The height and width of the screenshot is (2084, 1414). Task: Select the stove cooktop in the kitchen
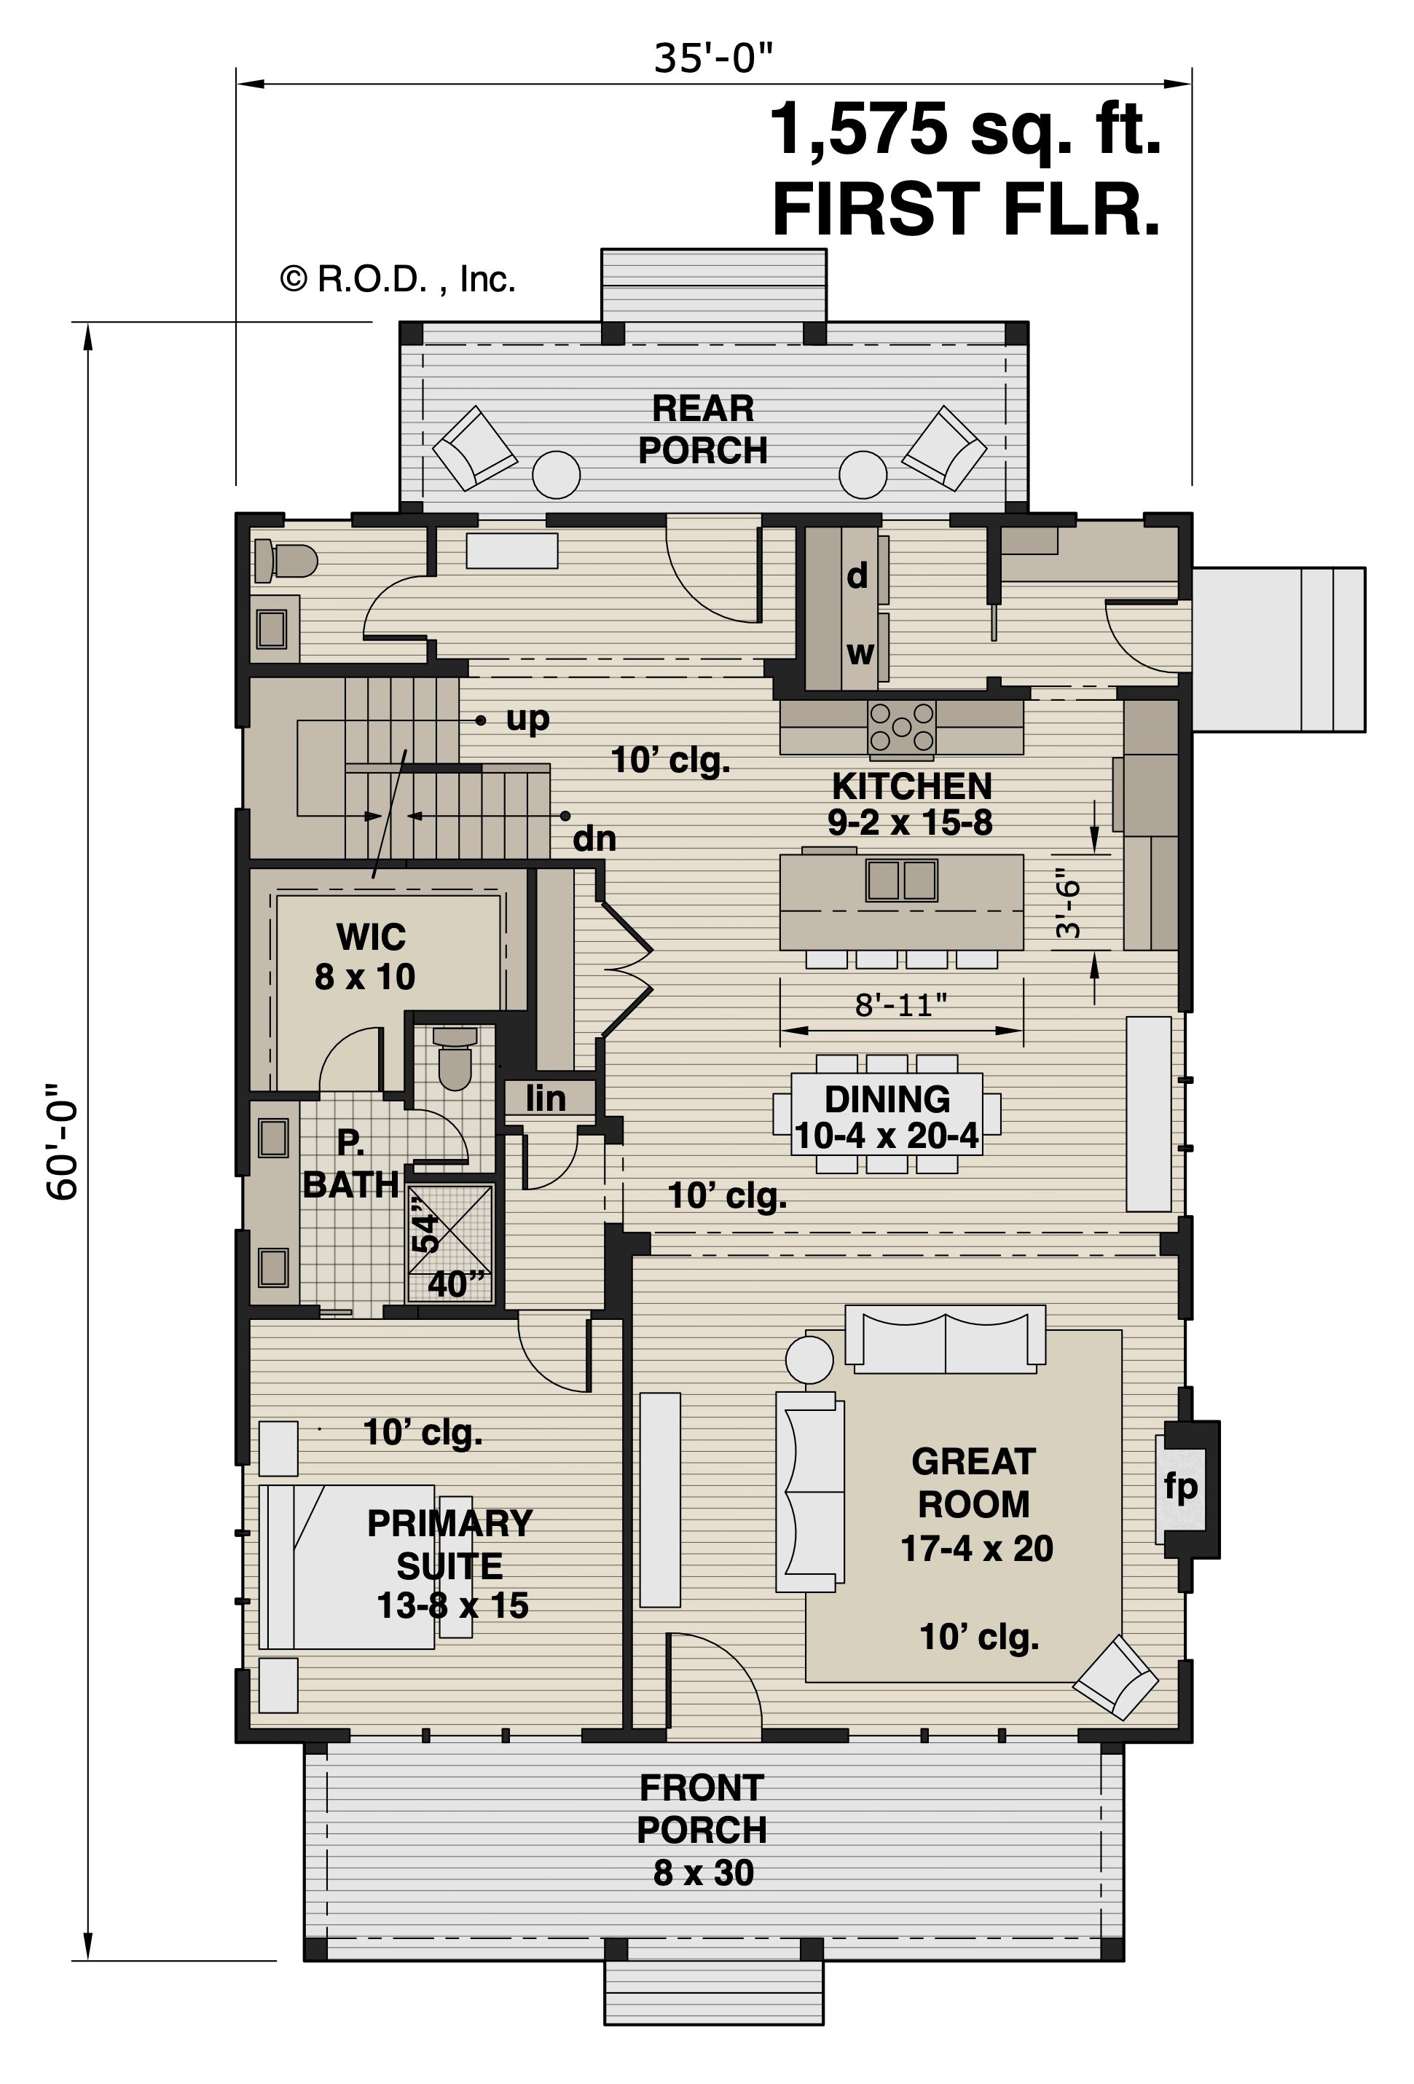(900, 726)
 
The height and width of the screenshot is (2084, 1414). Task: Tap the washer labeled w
(859, 653)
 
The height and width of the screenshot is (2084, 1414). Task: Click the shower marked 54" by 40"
(451, 1243)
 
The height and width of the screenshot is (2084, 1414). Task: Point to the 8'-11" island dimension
(900, 1005)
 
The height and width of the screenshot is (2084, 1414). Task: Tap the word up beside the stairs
(527, 718)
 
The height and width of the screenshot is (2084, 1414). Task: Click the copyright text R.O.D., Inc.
(399, 280)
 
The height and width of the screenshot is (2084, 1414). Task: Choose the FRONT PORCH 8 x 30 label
(702, 1828)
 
